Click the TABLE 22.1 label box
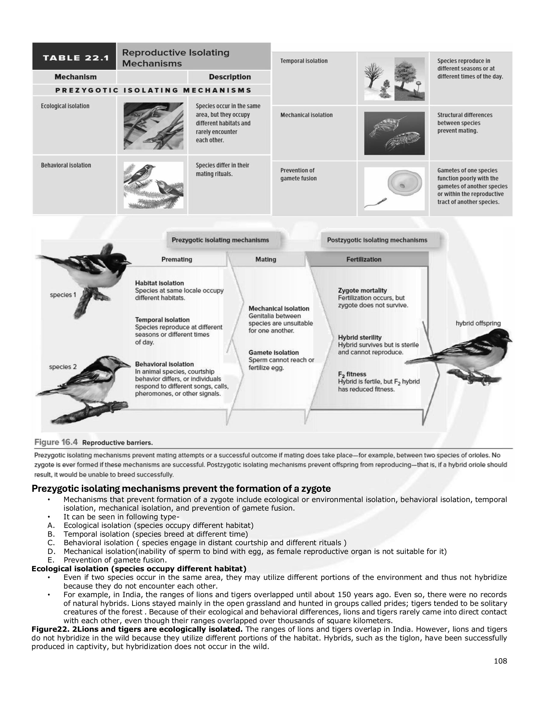tap(74, 57)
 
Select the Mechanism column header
tap(75, 77)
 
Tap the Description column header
tap(230, 77)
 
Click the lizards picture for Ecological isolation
tap(153, 126)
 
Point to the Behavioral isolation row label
tap(66, 165)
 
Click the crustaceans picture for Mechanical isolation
tap(394, 133)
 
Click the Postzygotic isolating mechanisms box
tap(377, 240)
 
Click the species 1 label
tap(63, 295)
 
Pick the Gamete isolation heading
tap(274, 352)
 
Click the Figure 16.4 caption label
tap(56, 442)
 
